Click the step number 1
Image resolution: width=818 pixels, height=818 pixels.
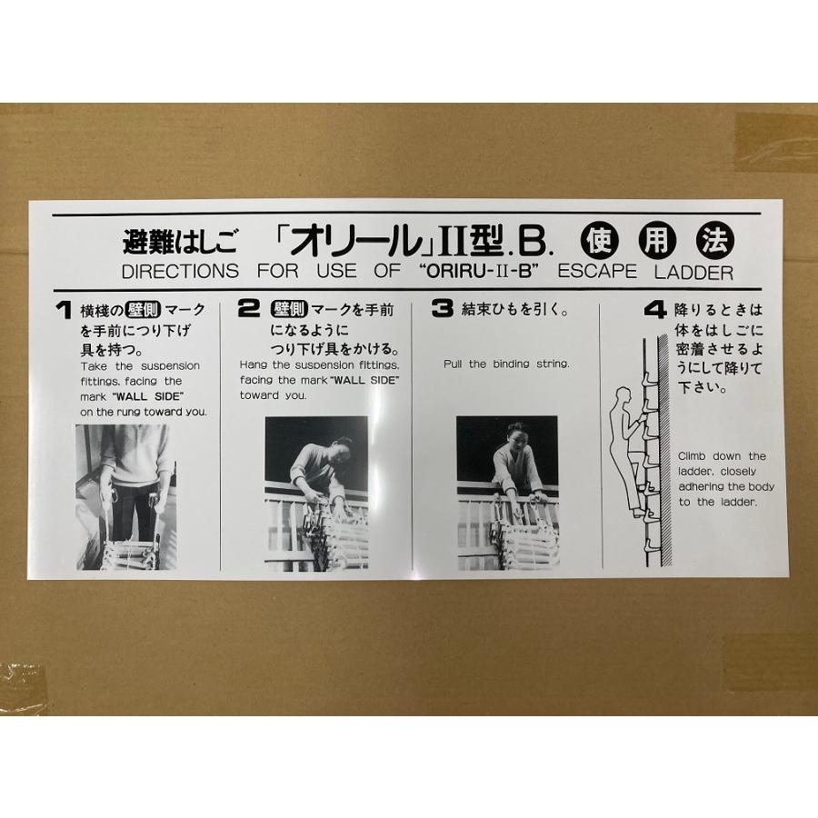click(x=63, y=311)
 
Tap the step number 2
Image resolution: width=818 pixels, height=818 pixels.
click(x=248, y=309)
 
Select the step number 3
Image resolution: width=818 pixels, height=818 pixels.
click(x=443, y=309)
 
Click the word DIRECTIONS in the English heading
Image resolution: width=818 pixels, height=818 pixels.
click(x=180, y=272)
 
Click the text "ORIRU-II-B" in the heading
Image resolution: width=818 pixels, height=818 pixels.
click(x=477, y=272)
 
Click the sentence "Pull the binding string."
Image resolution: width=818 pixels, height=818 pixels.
click(x=506, y=364)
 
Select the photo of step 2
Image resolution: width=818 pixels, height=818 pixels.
click(x=316, y=494)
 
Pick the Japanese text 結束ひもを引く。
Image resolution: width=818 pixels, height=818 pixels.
click(x=514, y=310)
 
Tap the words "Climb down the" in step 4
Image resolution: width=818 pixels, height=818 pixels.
click(x=722, y=456)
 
